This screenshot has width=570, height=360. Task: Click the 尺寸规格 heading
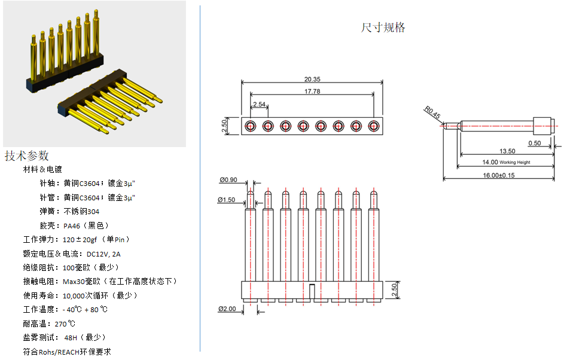point(383,28)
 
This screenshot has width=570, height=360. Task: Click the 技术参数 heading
point(26,155)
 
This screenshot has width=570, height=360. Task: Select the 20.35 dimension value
point(312,79)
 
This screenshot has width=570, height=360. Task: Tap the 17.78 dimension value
point(312,91)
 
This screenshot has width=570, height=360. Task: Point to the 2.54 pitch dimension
point(259,104)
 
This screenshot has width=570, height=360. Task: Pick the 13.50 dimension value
point(507,151)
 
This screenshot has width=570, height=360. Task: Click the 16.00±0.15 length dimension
point(498,175)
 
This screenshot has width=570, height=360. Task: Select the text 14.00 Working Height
point(506,162)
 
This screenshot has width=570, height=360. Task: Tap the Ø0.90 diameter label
point(228,179)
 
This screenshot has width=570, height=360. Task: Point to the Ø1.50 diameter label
point(227,199)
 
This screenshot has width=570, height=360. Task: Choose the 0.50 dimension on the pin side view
point(534,143)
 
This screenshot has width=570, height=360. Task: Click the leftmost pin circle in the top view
point(250,126)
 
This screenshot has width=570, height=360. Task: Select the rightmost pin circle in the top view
point(374,126)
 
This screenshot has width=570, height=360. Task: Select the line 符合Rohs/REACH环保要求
point(67,352)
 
